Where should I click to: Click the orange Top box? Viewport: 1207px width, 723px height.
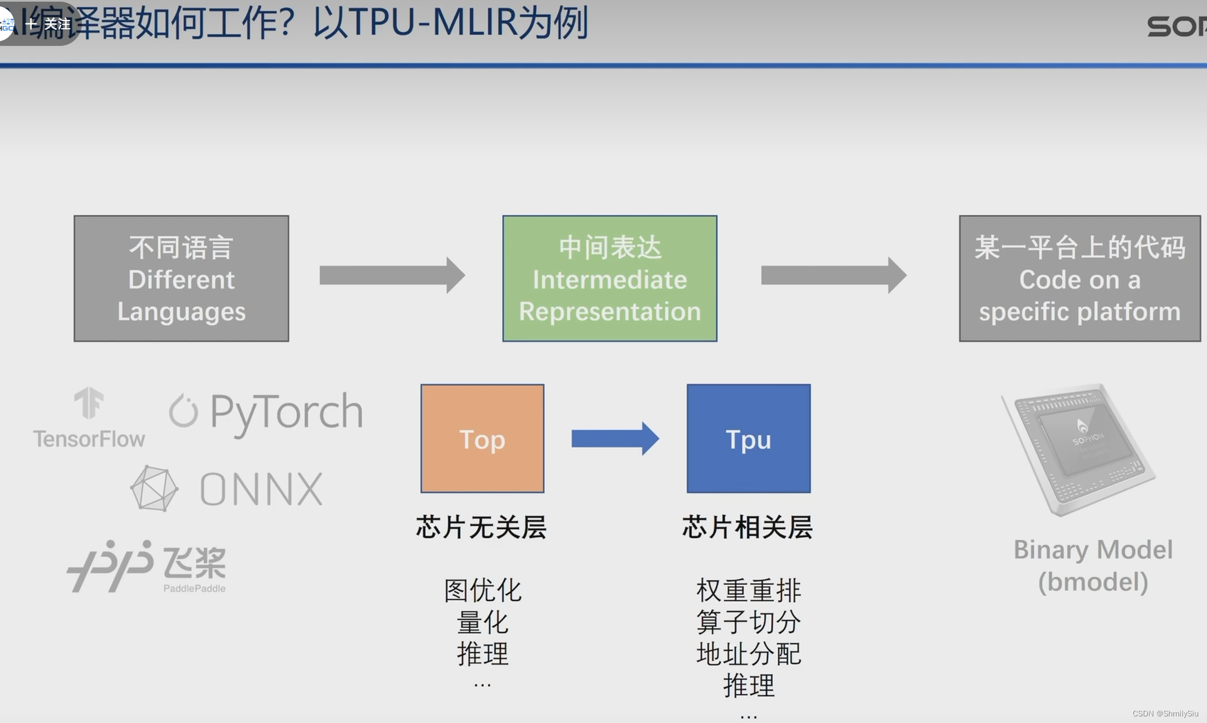tap(482, 438)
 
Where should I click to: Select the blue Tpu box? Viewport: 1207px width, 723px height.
tap(748, 438)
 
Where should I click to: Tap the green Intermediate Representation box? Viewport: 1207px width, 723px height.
tap(609, 278)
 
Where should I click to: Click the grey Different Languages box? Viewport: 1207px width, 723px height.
tap(182, 278)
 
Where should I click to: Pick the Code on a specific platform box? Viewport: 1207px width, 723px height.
tap(1079, 278)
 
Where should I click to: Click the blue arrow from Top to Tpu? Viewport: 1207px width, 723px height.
tap(615, 439)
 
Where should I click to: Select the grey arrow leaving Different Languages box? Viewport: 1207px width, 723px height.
tap(392, 275)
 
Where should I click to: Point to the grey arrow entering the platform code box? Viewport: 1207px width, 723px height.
tap(833, 275)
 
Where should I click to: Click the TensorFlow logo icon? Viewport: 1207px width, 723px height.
tap(89, 403)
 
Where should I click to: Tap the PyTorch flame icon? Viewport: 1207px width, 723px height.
tap(183, 411)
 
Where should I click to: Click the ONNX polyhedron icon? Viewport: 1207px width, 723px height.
tap(154, 488)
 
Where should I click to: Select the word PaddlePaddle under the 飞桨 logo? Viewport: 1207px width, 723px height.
tap(194, 588)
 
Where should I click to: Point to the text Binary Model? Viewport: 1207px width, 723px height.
tap(1093, 550)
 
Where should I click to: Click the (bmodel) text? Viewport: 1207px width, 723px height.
tap(1093, 582)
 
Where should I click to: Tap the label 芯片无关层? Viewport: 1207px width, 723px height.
tap(481, 527)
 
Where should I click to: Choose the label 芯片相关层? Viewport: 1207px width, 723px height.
tap(748, 527)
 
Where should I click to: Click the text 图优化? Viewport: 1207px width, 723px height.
tap(483, 590)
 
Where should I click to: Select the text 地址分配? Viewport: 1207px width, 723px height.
tap(748, 654)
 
